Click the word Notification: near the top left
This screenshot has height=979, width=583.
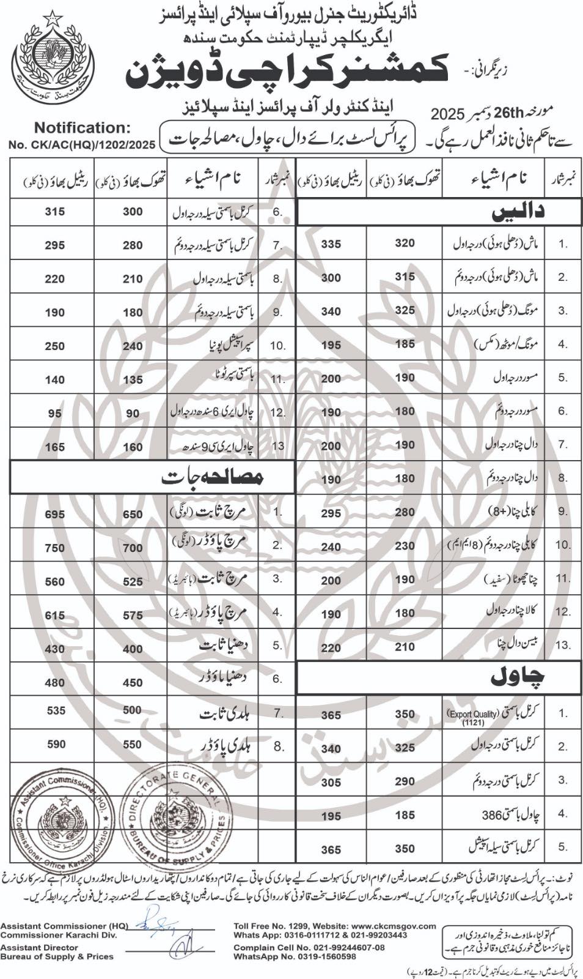click(x=82, y=128)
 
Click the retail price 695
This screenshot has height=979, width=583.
click(x=55, y=515)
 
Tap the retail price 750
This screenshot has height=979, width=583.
click(x=55, y=548)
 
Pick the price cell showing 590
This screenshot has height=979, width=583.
click(x=55, y=744)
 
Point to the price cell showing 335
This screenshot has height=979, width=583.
click(x=331, y=244)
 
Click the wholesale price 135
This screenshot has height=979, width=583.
click(x=133, y=380)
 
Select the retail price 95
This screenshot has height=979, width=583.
click(x=55, y=414)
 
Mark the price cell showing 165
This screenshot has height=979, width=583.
click(x=55, y=447)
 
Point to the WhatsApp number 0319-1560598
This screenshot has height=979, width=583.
click(x=326, y=956)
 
